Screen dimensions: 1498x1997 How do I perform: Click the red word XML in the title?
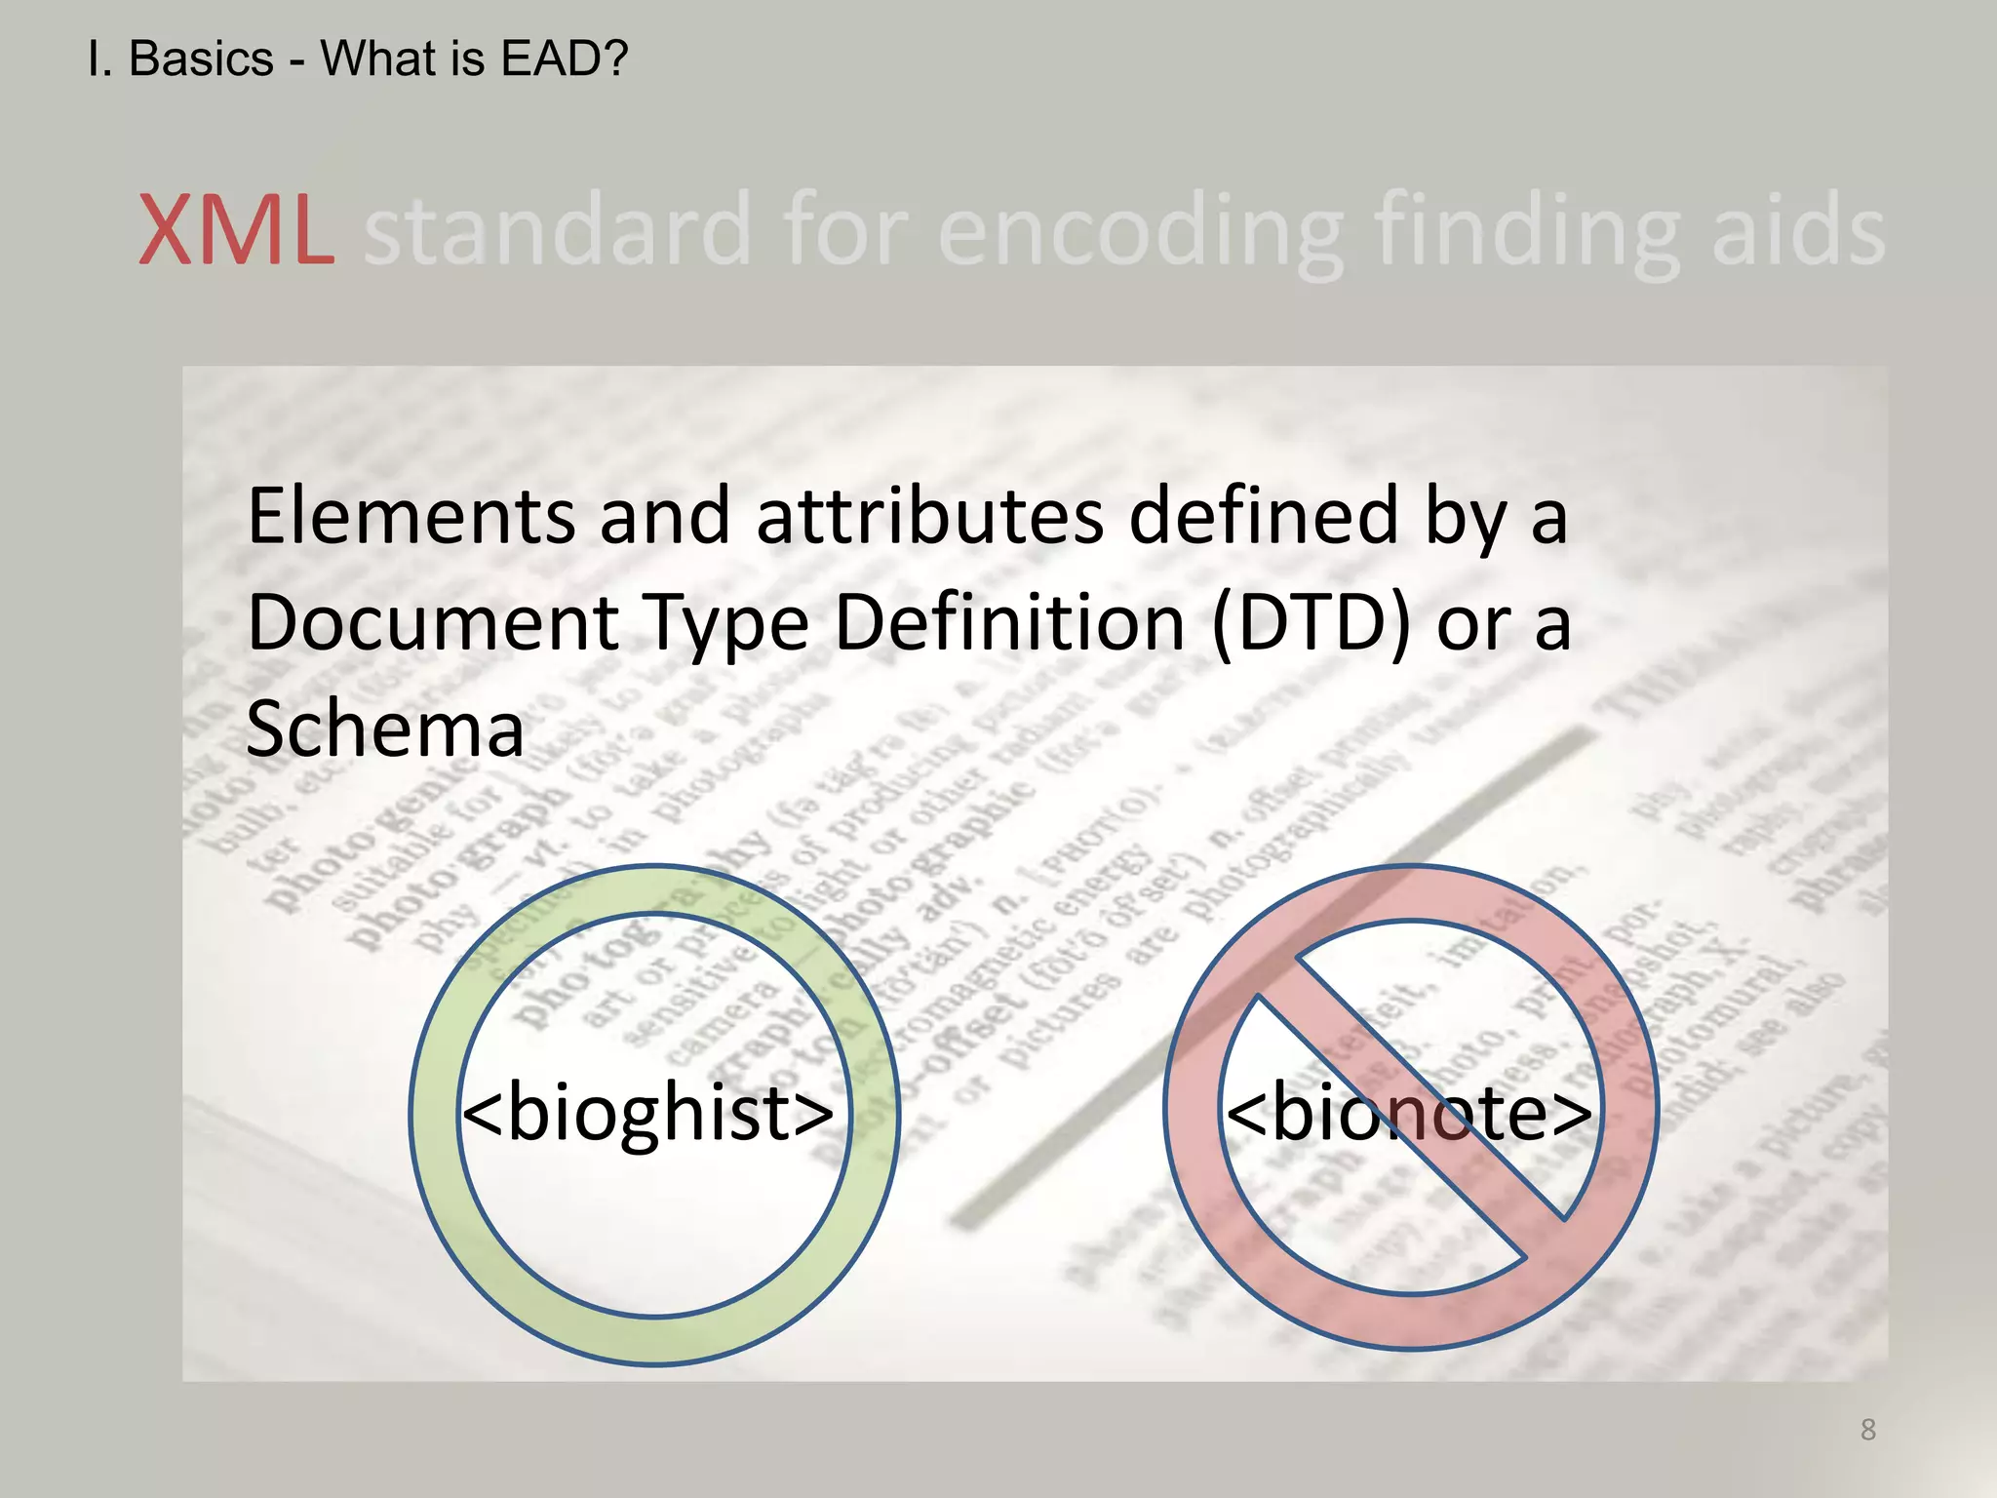[x=236, y=231]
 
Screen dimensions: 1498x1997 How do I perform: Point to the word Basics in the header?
[x=201, y=59]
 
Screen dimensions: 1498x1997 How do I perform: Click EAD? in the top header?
[x=564, y=59]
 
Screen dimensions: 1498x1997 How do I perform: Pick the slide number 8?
[x=1867, y=1430]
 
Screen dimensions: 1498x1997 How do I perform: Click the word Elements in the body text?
[x=411, y=516]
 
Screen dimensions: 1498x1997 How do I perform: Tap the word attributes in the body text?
[x=929, y=516]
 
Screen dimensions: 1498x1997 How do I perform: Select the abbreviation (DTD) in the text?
[x=1311, y=623]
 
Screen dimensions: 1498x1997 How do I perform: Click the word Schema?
[x=385, y=729]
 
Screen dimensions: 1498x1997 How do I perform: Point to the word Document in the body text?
[x=433, y=623]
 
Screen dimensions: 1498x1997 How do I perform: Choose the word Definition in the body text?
[x=1009, y=623]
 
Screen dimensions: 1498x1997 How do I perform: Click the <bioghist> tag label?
[x=647, y=1113]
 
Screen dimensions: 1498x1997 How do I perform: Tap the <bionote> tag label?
[x=1408, y=1113]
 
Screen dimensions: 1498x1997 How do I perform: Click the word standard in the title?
[x=557, y=231]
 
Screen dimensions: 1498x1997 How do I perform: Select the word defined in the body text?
[x=1264, y=516]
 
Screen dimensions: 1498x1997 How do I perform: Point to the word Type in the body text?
[x=725, y=625]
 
